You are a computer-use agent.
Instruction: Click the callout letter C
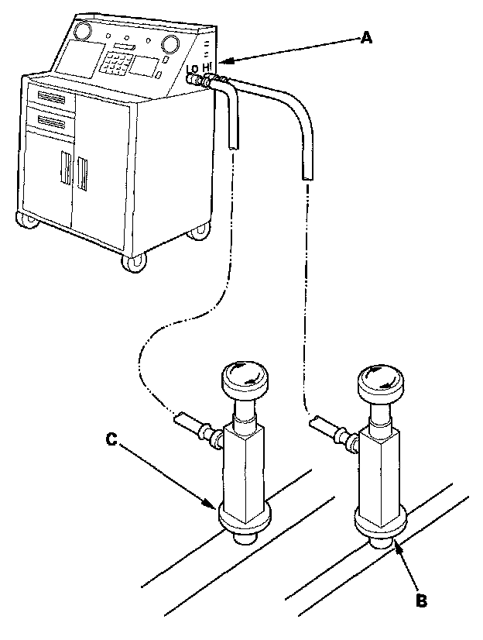coord(112,439)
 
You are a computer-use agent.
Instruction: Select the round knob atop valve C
coord(244,378)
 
